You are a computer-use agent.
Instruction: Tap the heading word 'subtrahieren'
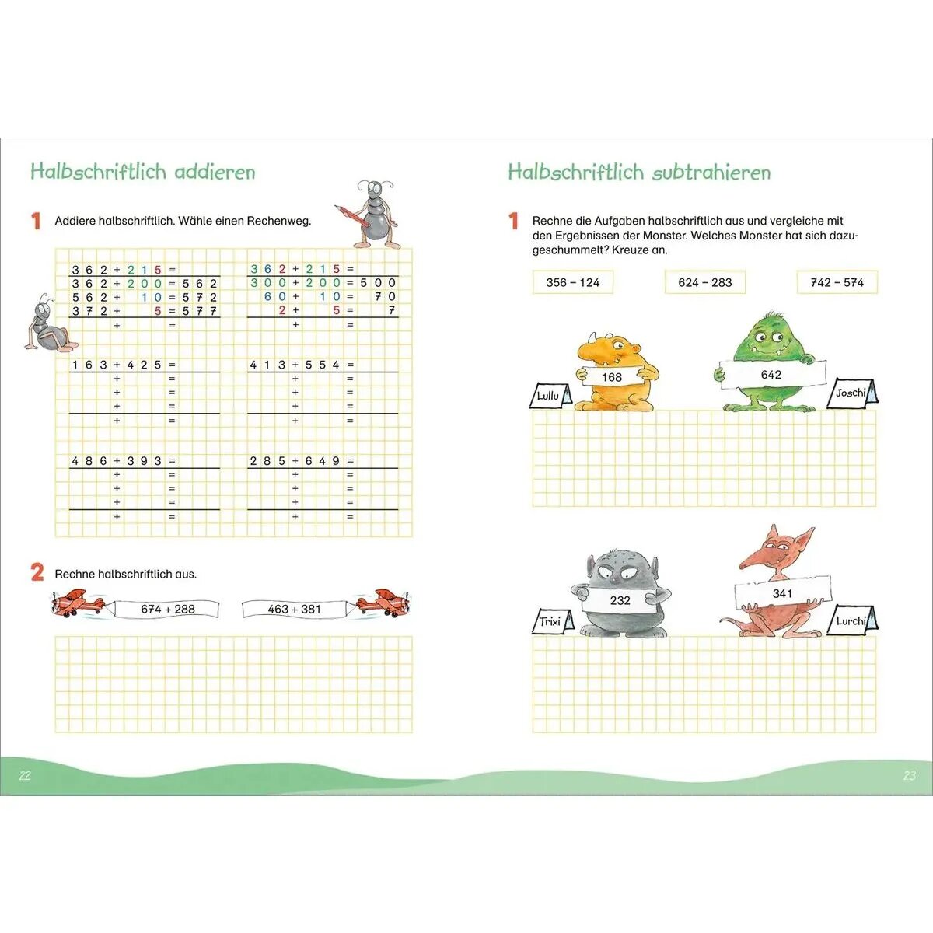(711, 173)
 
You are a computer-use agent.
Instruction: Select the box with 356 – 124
(573, 282)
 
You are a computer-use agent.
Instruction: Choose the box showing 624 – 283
(705, 282)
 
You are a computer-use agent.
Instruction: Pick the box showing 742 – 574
(837, 282)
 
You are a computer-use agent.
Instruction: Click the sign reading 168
(612, 376)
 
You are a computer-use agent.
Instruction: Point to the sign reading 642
(771, 375)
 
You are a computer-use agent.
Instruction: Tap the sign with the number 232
(620, 600)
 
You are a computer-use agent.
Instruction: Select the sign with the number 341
(782, 593)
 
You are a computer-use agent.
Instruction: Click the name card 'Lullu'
(550, 395)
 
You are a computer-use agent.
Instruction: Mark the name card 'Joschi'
(852, 393)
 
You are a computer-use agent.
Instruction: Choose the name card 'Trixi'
(553, 621)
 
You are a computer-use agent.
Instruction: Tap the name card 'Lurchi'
(853, 620)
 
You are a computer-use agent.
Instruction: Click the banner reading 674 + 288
(167, 609)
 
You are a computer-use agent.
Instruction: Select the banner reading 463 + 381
(295, 609)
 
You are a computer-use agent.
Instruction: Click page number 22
(25, 775)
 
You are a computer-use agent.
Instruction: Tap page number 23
(909, 775)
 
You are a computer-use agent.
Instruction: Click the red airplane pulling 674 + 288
(78, 603)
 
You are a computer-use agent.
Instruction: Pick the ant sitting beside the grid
(50, 323)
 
